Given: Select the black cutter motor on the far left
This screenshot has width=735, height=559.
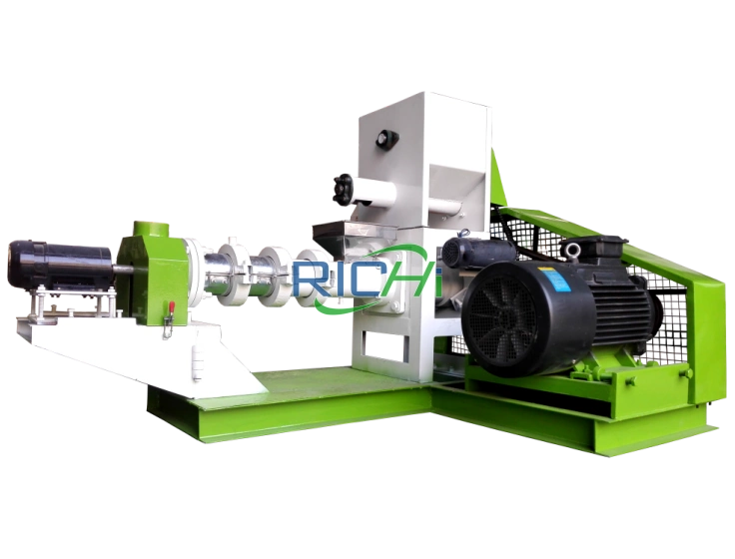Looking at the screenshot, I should [x=60, y=265].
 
